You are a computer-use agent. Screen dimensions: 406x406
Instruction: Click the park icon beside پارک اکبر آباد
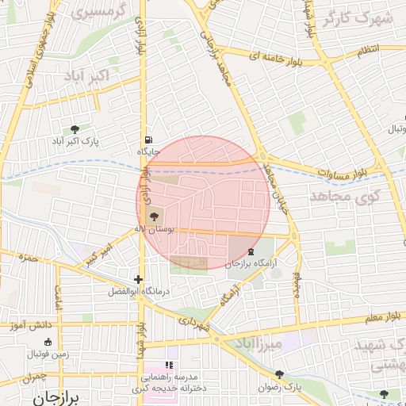click(75, 128)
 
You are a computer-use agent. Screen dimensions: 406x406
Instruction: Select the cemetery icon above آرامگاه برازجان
click(251, 251)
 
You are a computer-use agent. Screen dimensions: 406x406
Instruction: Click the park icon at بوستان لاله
click(153, 215)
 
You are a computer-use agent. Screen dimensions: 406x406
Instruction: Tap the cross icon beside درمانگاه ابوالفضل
click(139, 279)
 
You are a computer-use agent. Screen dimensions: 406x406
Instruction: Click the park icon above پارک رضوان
click(279, 374)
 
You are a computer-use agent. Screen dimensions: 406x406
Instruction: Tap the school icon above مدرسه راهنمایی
click(168, 365)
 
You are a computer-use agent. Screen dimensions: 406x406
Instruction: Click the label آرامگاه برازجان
click(253, 264)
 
